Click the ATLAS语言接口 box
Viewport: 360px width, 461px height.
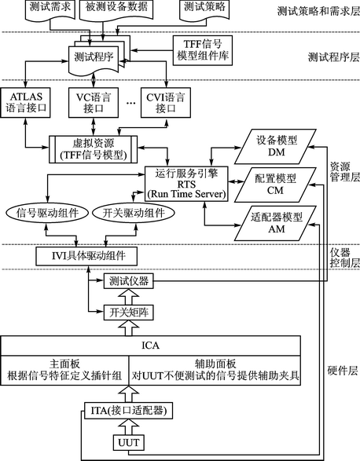coord(26,103)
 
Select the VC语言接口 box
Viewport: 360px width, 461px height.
coord(94,103)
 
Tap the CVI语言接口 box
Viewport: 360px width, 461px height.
coord(165,103)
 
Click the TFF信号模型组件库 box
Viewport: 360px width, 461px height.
coord(203,50)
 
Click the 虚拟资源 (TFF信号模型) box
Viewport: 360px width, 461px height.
coord(93,149)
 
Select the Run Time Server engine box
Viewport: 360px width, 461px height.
coord(186,185)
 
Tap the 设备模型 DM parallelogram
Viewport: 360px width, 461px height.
coord(276,146)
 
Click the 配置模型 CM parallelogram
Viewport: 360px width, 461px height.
coord(276,185)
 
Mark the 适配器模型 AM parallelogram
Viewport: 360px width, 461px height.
coord(276,223)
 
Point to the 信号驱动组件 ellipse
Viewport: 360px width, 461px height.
coord(47,213)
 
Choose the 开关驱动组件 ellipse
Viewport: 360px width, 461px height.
coord(134,213)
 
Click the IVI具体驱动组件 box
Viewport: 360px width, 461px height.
coord(86,256)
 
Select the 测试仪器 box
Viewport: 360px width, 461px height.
coord(129,281)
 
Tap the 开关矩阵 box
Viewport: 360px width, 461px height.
coord(129,313)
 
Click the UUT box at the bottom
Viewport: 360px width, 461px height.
coord(129,442)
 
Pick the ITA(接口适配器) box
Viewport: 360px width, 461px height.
coord(128,411)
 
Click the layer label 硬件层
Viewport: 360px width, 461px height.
coord(343,371)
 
